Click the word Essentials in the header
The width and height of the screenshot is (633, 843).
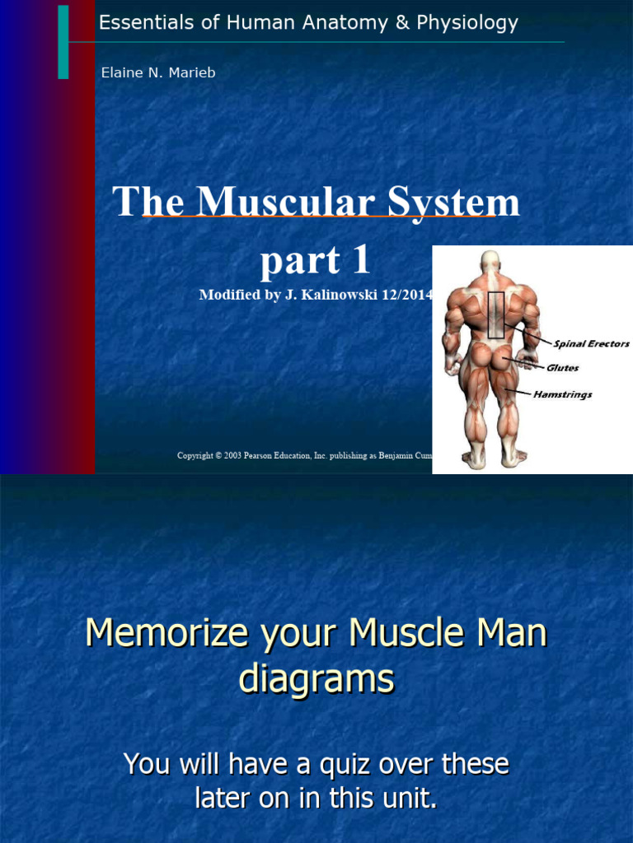[x=137, y=23]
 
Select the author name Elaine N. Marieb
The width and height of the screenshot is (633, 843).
[x=157, y=72]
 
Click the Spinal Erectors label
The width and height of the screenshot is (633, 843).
[x=591, y=344]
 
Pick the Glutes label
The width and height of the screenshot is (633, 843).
[x=563, y=368]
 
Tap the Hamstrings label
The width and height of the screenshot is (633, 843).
[x=562, y=395]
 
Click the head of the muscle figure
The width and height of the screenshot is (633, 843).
[x=490, y=262]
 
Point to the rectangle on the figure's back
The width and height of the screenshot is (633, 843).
[x=495, y=314]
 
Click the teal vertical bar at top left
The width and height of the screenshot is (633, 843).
[x=63, y=41]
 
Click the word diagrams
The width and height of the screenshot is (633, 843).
[x=316, y=679]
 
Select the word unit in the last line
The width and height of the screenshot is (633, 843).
[x=406, y=797]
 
